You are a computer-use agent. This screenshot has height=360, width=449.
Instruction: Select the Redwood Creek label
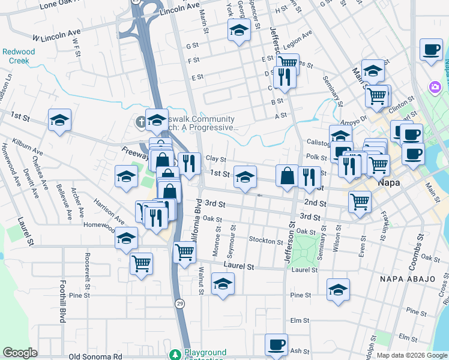click(19, 56)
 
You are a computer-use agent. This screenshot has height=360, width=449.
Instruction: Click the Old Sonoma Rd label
click(95, 356)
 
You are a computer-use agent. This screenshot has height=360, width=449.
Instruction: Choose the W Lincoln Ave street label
click(56, 34)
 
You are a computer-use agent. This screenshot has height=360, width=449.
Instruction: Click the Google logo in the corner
click(20, 353)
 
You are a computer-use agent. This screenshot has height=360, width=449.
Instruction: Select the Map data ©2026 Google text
click(412, 355)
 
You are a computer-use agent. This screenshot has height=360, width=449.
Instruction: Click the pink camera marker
click(435, 88)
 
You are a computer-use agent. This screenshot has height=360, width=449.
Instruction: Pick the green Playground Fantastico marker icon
click(175, 355)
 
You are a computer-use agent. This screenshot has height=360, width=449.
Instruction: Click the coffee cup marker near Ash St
click(276, 345)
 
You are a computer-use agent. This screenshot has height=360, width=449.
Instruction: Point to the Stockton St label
click(265, 241)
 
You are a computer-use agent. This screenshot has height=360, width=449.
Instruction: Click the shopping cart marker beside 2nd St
click(360, 202)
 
